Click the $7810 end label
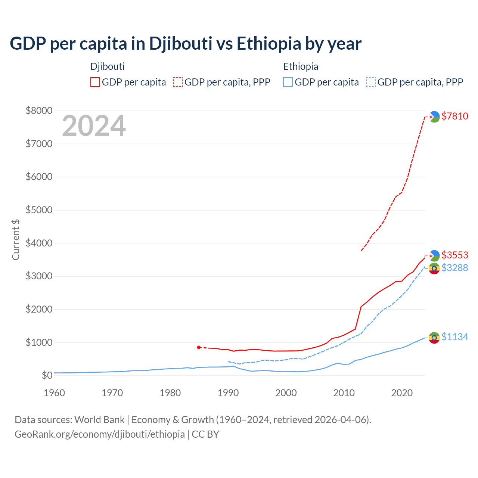click(454, 116)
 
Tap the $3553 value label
click(454, 255)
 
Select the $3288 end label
click(454, 268)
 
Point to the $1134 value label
click(454, 337)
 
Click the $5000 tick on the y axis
click(39, 210)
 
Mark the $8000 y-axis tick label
click(39, 111)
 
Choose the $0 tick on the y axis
click(47, 375)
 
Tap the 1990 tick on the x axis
click(228, 393)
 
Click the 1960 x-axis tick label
click(55, 393)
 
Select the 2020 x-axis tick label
click(402, 393)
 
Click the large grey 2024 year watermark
click(94, 126)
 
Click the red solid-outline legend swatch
click(95, 82)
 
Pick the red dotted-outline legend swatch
click(178, 82)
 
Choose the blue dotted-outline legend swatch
click(371, 82)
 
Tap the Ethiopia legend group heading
click(301, 66)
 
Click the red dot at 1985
click(199, 347)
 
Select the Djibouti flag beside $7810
click(434, 117)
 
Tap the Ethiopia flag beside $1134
click(434, 338)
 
